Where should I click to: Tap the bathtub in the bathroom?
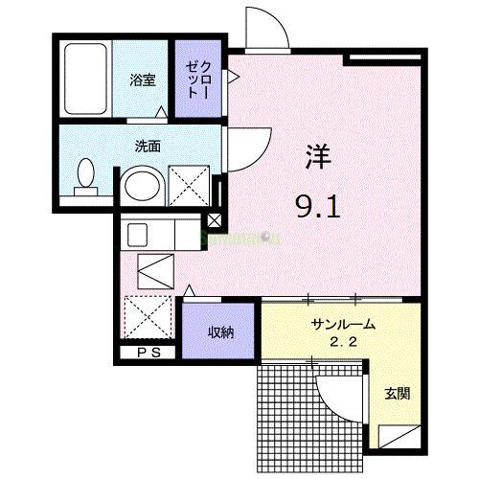[x=85, y=81]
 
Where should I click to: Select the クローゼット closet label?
[x=198, y=80]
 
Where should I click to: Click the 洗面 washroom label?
[x=147, y=148]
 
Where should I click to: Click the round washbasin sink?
[x=142, y=185]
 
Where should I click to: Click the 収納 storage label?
[x=221, y=332]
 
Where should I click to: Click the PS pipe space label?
[x=148, y=354]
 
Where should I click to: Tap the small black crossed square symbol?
[x=214, y=220]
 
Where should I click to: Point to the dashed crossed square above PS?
[x=148, y=317]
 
